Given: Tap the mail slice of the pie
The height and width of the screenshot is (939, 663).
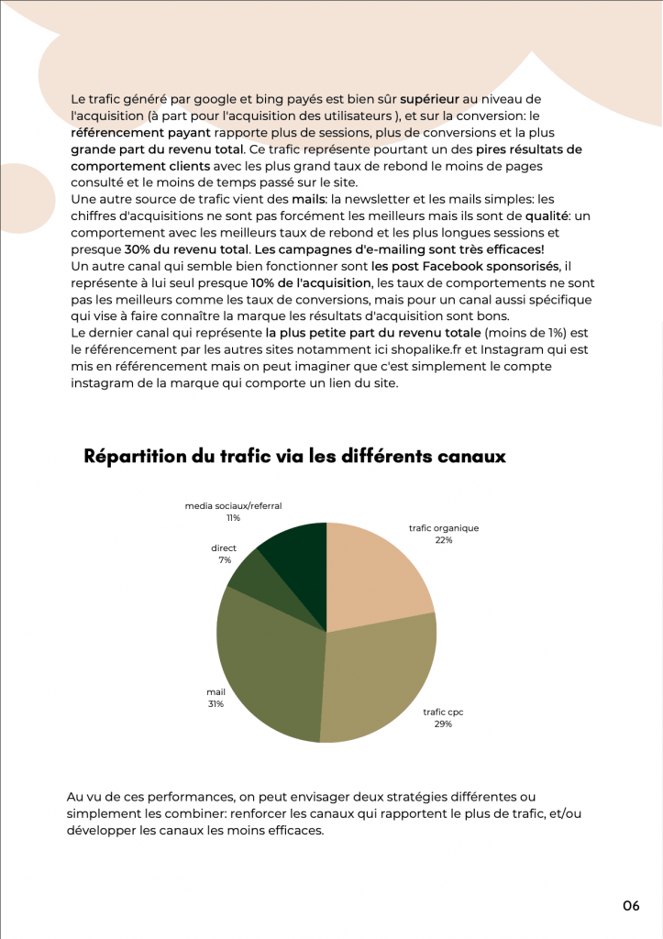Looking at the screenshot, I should click(271, 665).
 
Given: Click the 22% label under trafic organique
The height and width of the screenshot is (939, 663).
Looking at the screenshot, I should click(444, 541).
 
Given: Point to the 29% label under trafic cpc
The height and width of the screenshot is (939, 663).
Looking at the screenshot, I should click(443, 724).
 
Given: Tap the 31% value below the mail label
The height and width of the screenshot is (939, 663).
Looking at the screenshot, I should click(215, 704).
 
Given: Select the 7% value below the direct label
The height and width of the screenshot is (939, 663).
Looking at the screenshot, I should click(224, 559).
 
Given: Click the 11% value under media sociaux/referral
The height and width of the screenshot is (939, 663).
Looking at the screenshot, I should click(233, 518).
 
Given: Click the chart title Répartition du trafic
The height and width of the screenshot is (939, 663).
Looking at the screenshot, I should click(294, 457).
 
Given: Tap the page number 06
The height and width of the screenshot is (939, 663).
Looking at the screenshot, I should click(631, 906).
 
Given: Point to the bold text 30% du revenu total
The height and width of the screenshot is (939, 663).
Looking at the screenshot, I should click(187, 249).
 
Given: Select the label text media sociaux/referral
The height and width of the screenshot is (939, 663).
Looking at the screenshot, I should click(233, 505).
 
